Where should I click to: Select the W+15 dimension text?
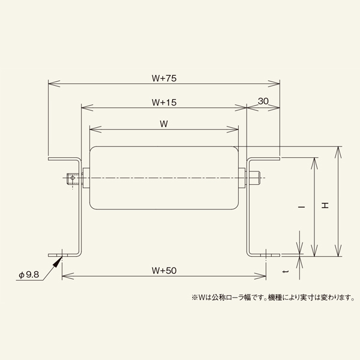pos(164,103)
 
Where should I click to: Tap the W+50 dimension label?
pos(164,271)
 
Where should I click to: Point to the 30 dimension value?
pos(263,101)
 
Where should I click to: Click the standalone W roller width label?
pos(164,124)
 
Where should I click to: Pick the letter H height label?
pos(325,206)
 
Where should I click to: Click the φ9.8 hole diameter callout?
pos(29,275)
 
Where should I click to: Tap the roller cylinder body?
pos(163,178)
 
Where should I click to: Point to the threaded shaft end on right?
pos(254,178)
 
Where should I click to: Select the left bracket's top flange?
pos(64,159)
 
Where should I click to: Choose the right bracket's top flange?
pos(265,159)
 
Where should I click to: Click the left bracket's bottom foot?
pos(67,255)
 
